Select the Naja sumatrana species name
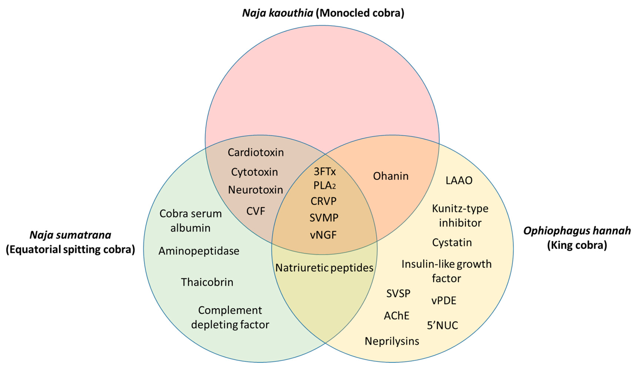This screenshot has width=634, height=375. (70, 235)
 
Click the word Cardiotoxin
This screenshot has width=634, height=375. (255, 152)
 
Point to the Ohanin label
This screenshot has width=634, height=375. (391, 176)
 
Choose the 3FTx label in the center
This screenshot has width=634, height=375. (325, 172)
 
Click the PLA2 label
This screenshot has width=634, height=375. (324, 186)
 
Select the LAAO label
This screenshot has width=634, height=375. (459, 180)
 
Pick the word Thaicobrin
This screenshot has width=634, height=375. (207, 282)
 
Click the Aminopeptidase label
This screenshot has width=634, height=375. (199, 251)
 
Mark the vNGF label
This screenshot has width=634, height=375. (323, 235)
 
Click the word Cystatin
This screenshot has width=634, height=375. (452, 243)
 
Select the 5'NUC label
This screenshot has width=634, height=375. (443, 325)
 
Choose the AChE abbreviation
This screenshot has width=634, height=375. (396, 316)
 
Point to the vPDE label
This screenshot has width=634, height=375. (444, 301)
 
